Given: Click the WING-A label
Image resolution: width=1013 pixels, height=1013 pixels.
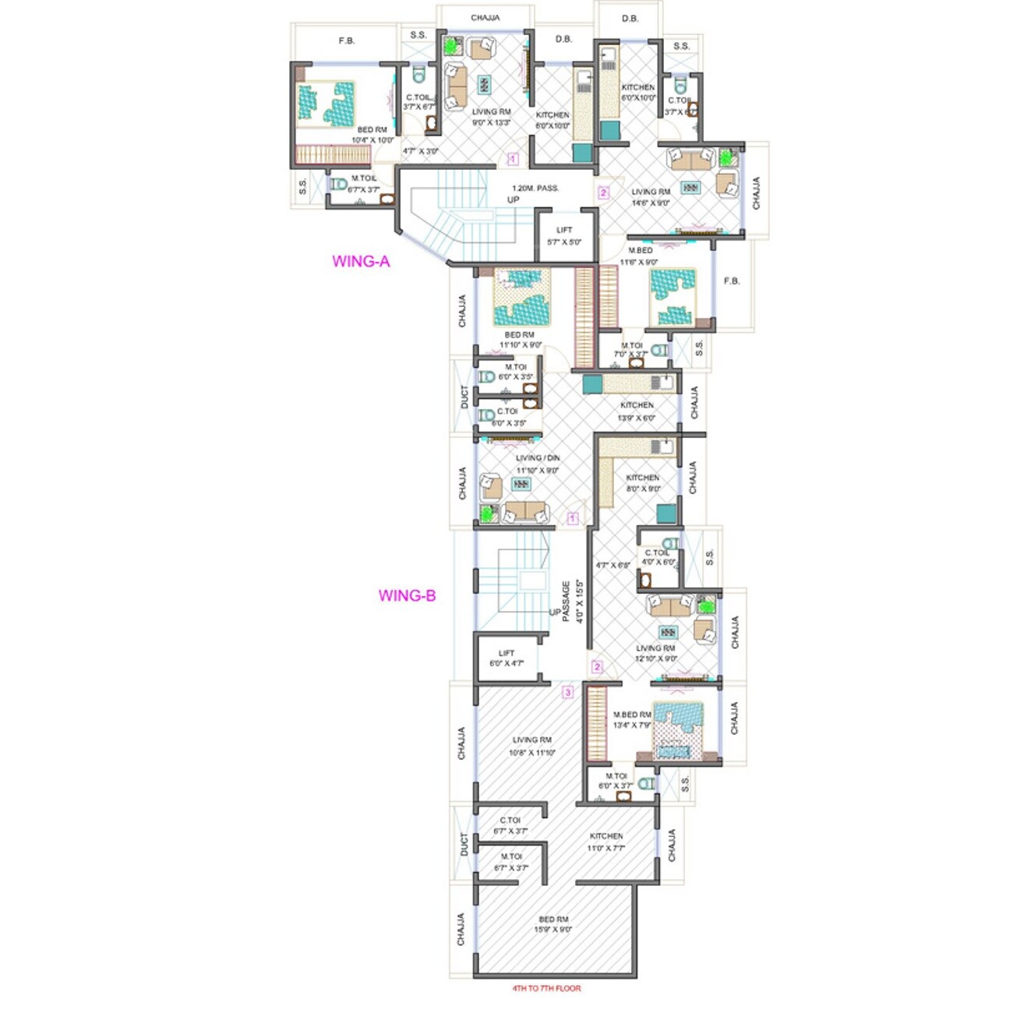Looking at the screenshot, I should click(361, 262).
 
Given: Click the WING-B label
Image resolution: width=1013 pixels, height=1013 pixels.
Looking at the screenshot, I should click(407, 596).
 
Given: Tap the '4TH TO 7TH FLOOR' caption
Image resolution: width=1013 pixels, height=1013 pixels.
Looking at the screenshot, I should click(546, 988).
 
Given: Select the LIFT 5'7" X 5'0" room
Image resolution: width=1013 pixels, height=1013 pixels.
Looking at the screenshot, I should click(564, 236).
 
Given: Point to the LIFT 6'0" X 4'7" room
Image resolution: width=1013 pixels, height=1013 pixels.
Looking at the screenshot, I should click(507, 658).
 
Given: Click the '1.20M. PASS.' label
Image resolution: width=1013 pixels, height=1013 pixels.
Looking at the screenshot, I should click(535, 189).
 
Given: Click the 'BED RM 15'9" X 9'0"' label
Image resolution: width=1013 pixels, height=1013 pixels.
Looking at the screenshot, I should click(553, 924).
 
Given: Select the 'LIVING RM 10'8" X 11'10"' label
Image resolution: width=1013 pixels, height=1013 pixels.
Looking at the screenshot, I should click(532, 746).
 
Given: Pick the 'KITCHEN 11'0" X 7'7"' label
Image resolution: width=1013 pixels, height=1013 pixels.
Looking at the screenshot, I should click(606, 842).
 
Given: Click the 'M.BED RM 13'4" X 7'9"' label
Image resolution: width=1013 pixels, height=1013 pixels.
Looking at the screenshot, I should click(632, 719).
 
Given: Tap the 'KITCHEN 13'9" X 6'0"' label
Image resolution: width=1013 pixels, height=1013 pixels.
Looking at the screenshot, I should click(637, 411).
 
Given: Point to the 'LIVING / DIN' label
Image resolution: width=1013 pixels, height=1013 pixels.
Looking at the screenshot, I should click(538, 458).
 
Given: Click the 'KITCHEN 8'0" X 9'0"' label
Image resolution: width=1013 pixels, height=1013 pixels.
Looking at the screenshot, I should click(643, 483).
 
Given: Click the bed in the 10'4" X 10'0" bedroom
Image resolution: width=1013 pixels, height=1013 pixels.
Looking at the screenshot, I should click(325, 104).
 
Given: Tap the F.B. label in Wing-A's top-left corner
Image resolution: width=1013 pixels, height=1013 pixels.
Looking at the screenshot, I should click(346, 41).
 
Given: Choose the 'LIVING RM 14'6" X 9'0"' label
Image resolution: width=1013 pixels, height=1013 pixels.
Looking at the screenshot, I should click(651, 197).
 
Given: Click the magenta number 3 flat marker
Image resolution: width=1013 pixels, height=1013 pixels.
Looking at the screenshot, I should click(568, 693).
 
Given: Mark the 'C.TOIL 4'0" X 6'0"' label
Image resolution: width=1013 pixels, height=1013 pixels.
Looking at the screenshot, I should click(657, 557).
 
